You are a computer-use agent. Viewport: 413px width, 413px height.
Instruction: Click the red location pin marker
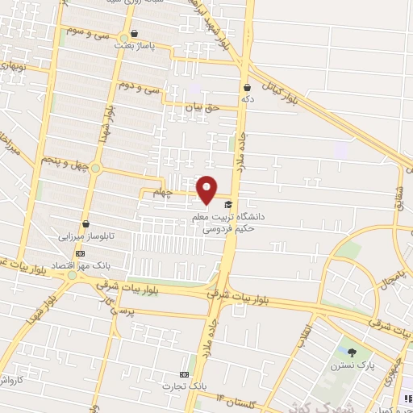tap(206, 189)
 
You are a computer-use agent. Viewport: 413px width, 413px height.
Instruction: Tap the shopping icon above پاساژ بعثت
tap(134, 35)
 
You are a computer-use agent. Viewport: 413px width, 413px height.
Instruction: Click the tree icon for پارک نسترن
tap(352, 352)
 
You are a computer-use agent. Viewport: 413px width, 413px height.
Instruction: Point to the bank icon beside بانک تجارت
tap(185, 375)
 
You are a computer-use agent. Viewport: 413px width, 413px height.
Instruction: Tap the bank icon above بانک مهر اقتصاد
tap(79, 253)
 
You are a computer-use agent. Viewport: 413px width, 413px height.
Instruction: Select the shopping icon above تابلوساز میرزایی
tap(85, 224)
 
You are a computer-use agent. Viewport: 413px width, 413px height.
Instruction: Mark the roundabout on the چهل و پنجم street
tap(96, 169)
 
